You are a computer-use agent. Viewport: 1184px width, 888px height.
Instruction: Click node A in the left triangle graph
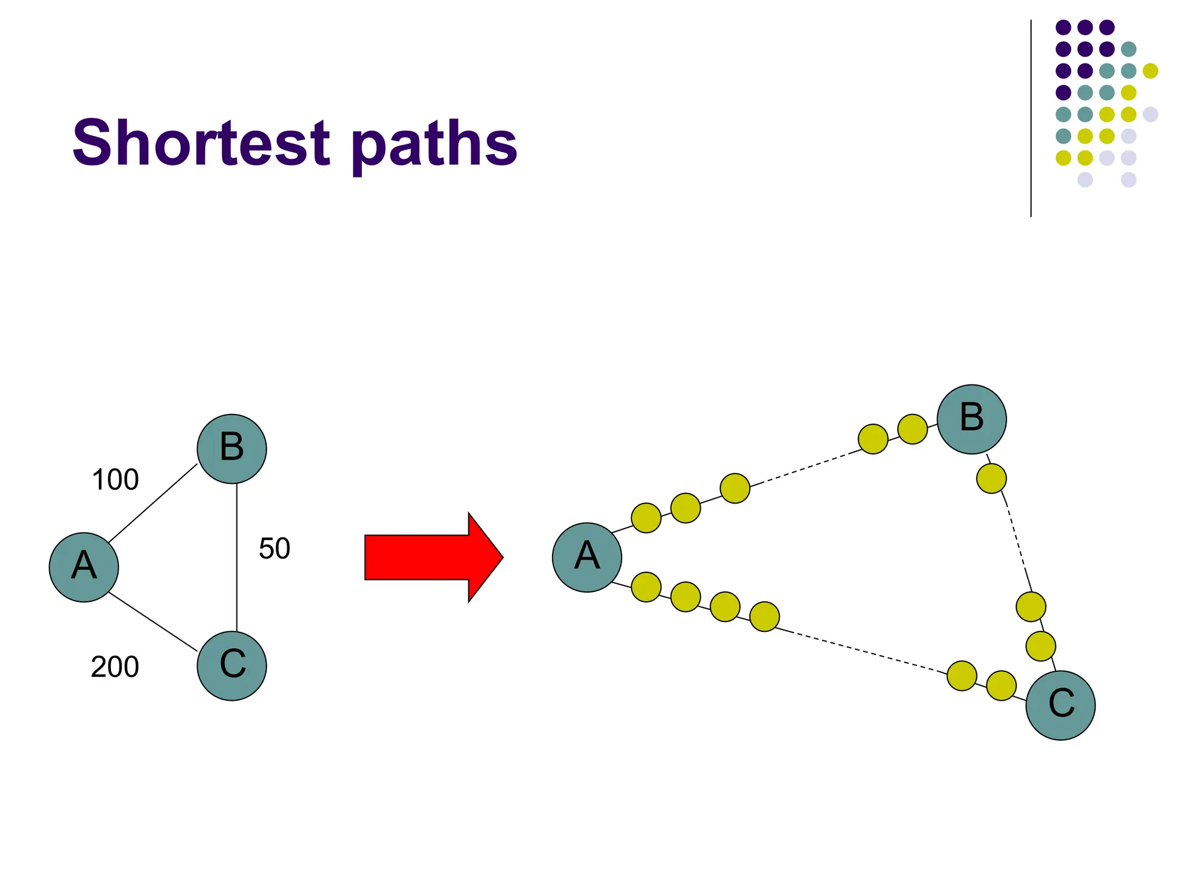[84, 567]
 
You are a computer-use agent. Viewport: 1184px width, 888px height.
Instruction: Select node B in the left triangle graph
[232, 449]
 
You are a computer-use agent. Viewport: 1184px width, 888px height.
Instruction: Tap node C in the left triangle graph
[232, 665]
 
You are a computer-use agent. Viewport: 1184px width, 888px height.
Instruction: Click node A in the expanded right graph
[587, 557]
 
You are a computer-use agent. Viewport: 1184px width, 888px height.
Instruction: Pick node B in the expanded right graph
[971, 419]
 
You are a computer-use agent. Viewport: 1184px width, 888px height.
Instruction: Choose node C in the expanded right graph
[1060, 705]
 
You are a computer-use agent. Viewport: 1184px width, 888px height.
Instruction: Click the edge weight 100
[115, 480]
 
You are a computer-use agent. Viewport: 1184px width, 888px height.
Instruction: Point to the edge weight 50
[274, 549]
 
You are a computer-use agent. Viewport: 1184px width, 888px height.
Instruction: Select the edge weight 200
[115, 667]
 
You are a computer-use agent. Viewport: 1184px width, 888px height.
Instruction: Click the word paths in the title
[434, 145]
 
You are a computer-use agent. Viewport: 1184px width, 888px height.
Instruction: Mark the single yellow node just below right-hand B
[991, 478]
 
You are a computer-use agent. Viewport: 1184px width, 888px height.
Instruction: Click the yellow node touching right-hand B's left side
[912, 429]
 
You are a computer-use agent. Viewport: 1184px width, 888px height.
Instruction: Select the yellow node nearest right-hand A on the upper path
[646, 517]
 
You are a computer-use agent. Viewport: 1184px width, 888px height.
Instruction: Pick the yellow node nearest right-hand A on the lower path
[646, 587]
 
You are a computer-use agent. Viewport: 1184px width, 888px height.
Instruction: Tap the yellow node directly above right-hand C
[1040, 646]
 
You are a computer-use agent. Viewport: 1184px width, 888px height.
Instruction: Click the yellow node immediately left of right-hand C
[1001, 686]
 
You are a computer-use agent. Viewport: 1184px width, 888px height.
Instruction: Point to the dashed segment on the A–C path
[861, 651]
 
